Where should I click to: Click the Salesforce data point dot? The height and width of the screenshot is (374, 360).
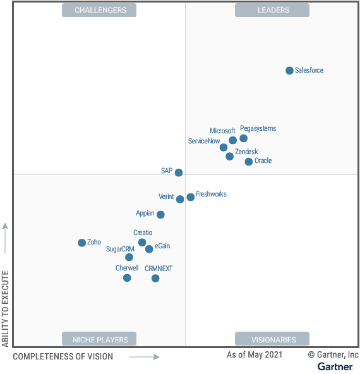289,71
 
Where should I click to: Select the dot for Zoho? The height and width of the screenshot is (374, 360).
81,243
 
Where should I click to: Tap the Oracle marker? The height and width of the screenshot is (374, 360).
248,162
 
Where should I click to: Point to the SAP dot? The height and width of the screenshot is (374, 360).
179,172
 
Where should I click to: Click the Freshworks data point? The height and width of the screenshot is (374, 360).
191,197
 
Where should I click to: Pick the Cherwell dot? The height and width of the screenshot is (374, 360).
127,278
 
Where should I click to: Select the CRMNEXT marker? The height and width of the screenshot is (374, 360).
155,278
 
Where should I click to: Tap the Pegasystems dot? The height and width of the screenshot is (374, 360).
243,138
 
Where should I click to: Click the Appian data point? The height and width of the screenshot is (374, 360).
160,214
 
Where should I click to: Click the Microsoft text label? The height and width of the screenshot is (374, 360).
222,131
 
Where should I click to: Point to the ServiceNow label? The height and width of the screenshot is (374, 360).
204,141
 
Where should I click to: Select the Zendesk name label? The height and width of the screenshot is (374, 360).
246,152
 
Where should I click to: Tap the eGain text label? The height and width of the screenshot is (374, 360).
162,246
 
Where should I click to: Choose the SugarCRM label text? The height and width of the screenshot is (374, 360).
120,249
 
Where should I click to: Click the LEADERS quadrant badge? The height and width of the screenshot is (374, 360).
272,10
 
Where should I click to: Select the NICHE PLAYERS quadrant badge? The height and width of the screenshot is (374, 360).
99,339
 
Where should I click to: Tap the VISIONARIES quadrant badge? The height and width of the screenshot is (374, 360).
272,339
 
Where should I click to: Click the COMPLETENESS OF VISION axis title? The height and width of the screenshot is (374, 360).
63,356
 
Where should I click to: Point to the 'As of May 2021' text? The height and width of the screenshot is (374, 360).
255,354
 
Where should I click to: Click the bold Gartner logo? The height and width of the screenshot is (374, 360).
335,366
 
